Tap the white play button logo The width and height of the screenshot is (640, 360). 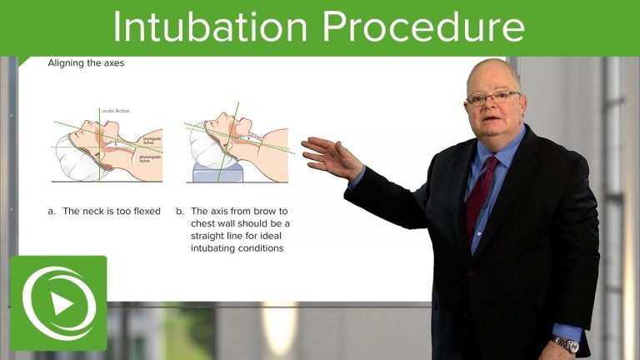59,303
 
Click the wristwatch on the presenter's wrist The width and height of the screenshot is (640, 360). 567,342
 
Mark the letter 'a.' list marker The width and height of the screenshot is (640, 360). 52,211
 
